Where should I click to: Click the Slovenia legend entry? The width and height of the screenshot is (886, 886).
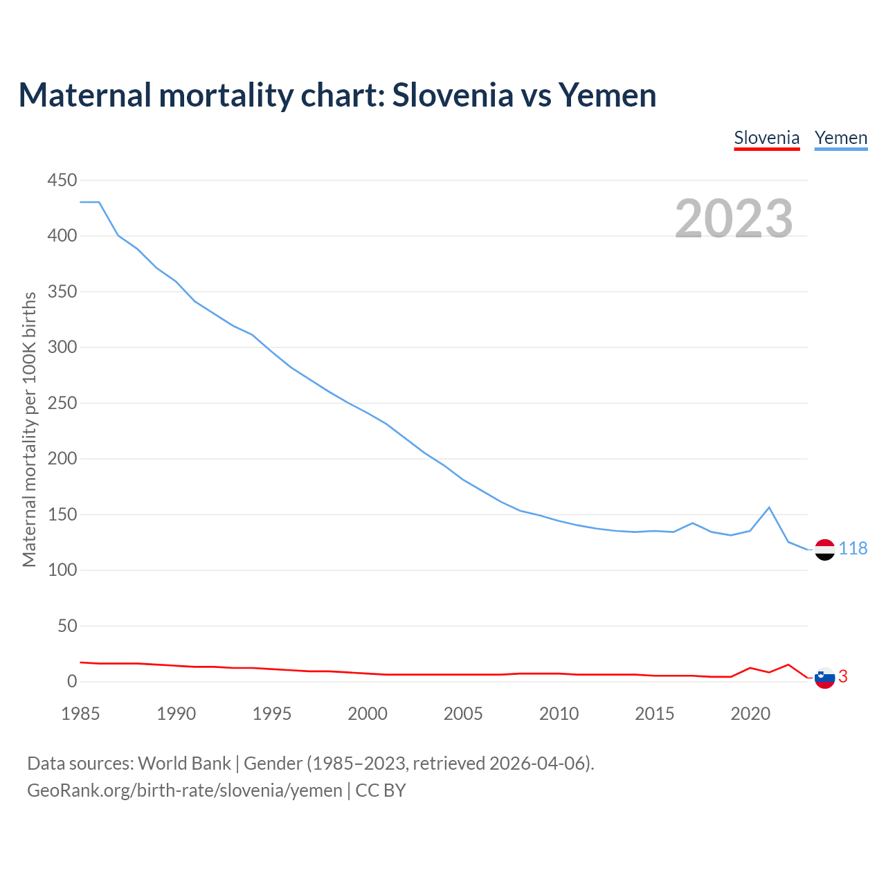(x=766, y=138)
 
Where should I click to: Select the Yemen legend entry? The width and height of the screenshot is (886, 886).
(x=840, y=138)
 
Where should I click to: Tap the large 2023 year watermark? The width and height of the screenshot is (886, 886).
(x=734, y=218)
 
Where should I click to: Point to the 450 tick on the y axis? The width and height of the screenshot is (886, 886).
(x=62, y=180)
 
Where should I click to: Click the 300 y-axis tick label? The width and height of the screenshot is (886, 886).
(x=62, y=347)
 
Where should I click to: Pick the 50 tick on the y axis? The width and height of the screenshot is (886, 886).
(x=67, y=626)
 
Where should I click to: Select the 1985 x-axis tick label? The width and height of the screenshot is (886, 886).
(x=80, y=714)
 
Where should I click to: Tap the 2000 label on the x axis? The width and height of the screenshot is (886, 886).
(x=368, y=714)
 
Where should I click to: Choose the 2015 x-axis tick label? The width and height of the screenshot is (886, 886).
(x=654, y=714)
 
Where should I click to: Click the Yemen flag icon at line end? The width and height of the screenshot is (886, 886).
(x=824, y=550)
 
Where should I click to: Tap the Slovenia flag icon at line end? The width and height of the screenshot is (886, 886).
(x=824, y=678)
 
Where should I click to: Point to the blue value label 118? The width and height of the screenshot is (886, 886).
(x=853, y=549)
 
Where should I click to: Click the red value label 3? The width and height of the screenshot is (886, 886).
(x=842, y=677)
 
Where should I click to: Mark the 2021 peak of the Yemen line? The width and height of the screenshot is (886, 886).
(x=769, y=507)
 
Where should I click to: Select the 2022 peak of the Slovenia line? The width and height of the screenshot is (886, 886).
(x=788, y=664)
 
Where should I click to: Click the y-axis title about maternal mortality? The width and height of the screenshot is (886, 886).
(x=29, y=429)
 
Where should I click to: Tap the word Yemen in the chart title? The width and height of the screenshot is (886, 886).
(x=607, y=95)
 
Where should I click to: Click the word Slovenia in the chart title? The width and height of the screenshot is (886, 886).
(x=453, y=95)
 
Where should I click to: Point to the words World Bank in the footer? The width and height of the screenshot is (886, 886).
(x=184, y=763)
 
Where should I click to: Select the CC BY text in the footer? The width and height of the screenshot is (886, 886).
(x=381, y=790)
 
